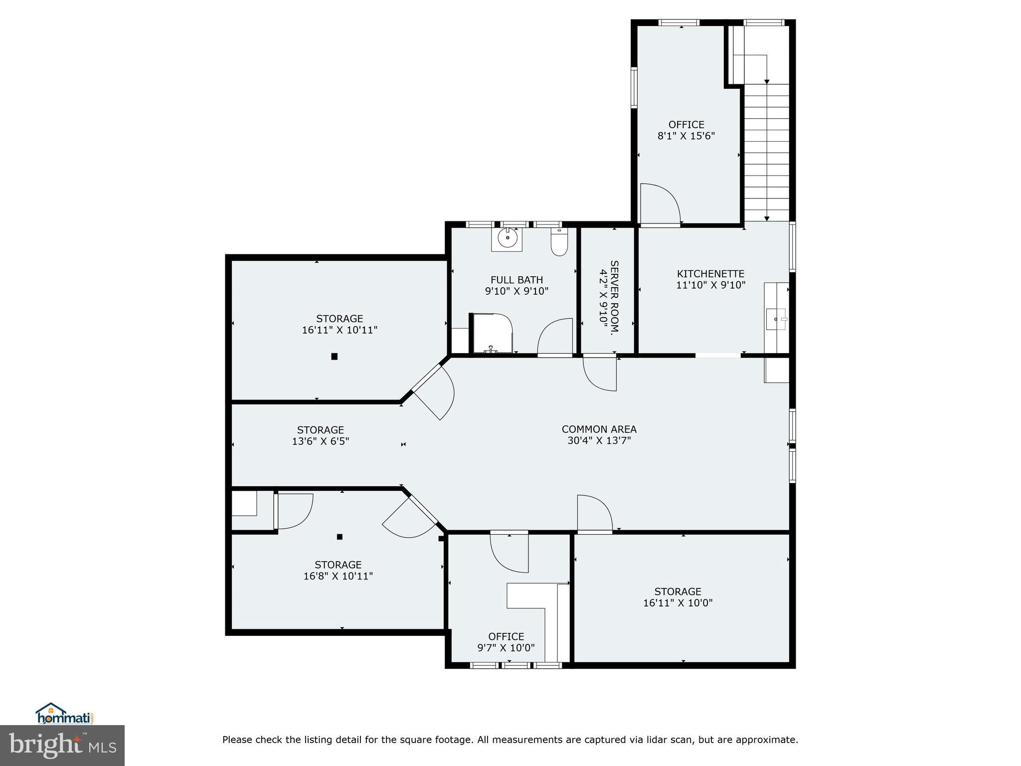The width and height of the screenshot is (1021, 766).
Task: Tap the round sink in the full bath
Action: click(507, 239)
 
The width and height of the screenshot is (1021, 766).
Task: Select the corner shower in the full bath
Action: click(492, 333)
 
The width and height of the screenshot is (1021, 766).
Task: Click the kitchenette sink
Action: click(776, 319)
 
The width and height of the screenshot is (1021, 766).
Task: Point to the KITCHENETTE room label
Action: click(710, 274)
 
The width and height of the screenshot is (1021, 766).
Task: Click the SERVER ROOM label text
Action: click(614, 297)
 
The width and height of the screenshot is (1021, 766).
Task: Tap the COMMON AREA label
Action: click(599, 429)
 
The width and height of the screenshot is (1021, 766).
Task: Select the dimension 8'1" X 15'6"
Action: click(686, 136)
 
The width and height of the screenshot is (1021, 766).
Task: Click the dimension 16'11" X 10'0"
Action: click(678, 602)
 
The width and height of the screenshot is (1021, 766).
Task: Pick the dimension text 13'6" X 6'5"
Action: click(321, 441)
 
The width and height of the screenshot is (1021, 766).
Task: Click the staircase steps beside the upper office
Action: click(767, 152)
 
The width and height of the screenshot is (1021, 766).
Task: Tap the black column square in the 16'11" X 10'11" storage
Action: click(335, 356)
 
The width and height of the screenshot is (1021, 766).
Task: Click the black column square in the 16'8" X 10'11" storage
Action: click(340, 537)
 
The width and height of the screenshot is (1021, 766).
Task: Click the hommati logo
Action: click(65, 714)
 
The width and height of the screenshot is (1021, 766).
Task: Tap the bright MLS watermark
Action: click(62, 745)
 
